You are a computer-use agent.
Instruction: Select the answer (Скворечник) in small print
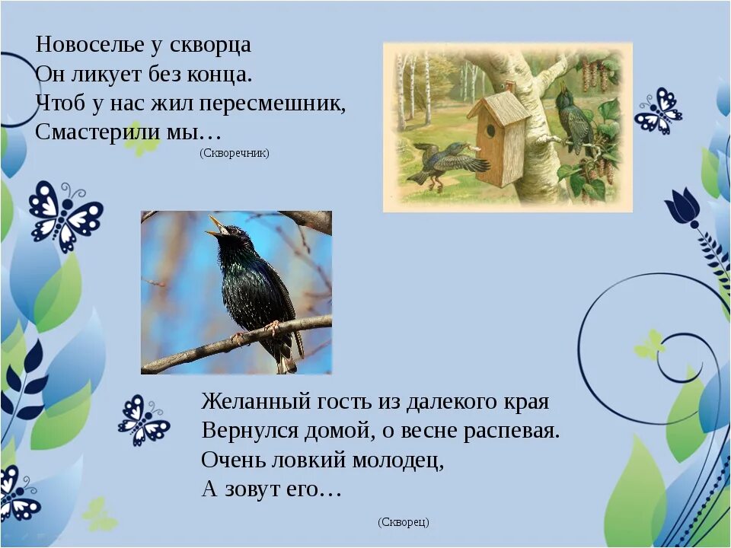pos(235,153)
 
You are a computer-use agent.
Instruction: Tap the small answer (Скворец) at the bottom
pos(403,522)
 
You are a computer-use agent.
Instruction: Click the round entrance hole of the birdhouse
pos(491,130)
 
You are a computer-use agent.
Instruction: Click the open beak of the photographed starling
pos(217,225)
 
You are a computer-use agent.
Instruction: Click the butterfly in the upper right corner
pos(659,111)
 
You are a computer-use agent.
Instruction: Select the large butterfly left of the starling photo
pos(64,213)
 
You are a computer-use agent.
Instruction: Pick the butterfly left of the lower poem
pos(142,421)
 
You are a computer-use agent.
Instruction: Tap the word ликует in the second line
pos(107,74)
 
